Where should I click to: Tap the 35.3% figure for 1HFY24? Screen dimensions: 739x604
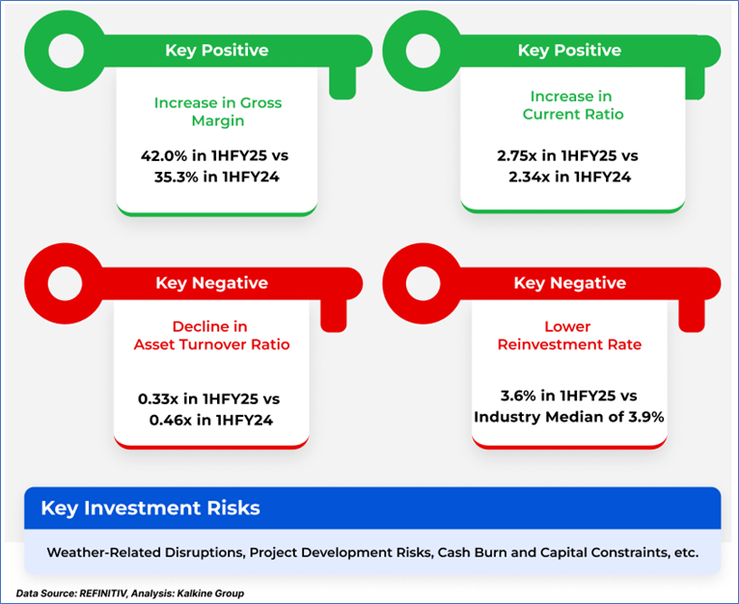pyautogui.click(x=177, y=177)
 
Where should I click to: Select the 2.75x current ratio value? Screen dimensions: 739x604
pyautogui.click(x=516, y=155)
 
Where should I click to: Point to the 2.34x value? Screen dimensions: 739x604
pyautogui.click(x=530, y=177)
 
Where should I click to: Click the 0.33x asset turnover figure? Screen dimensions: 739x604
pyautogui.click(x=158, y=398)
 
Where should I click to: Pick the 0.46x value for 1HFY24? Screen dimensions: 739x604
pyautogui.click(x=170, y=420)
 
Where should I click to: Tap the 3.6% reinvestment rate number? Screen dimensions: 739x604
pyautogui.click(x=518, y=396)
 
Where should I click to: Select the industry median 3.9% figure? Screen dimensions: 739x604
pyautogui.click(x=646, y=417)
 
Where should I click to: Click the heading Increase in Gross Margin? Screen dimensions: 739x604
pyautogui.click(x=218, y=112)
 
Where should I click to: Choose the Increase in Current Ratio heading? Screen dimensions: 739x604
pyautogui.click(x=573, y=105)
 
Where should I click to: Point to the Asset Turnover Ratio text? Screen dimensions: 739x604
pyautogui.click(x=211, y=344)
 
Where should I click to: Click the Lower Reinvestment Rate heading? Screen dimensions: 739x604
pyautogui.click(x=569, y=335)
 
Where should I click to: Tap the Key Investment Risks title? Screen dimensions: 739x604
pyautogui.click(x=151, y=508)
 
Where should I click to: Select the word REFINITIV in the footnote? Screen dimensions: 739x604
pyautogui.click(x=103, y=593)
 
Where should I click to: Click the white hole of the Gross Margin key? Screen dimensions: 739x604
pyautogui.click(x=66, y=51)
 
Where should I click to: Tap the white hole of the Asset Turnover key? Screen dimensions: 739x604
pyautogui.click(x=65, y=284)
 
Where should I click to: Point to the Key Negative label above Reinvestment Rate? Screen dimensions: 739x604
pyautogui.click(x=570, y=283)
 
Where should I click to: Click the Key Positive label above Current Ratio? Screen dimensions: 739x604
pyautogui.click(x=569, y=50)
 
